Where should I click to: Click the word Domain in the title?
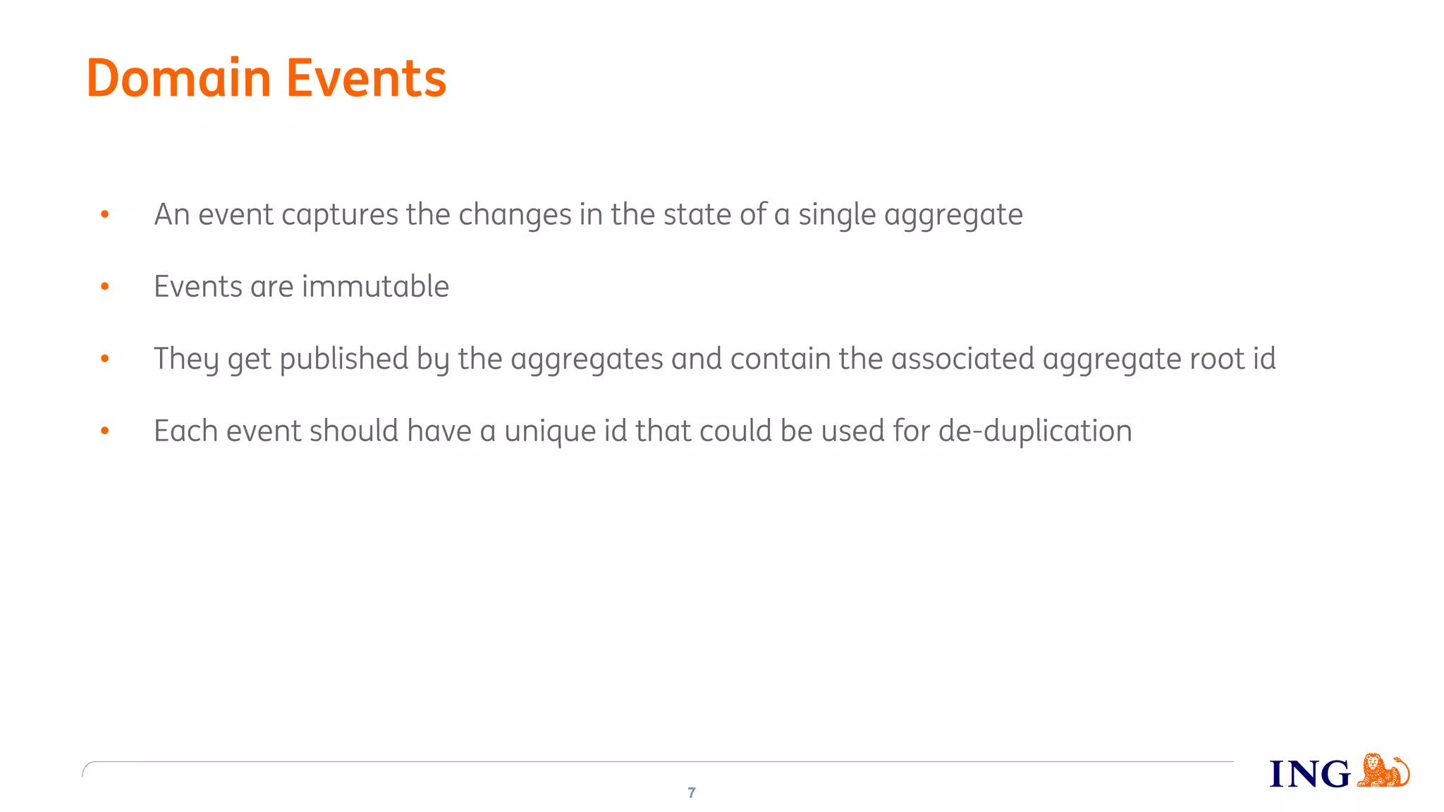pos(178,78)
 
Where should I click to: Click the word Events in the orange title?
pos(366,78)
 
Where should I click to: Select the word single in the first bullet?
pos(837,215)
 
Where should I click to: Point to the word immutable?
pos(375,287)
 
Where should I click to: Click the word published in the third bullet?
pos(344,359)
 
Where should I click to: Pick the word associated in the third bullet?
pos(962,359)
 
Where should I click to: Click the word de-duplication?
pos(1035,431)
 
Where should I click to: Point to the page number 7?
pos(692,793)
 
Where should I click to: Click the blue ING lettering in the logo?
pos(1309,774)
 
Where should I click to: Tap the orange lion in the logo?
pos(1383,770)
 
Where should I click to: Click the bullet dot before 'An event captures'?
pos(105,214)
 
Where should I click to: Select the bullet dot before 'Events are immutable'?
pos(105,286)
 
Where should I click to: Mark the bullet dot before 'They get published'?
pos(105,358)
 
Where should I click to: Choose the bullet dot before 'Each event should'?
pos(105,431)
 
